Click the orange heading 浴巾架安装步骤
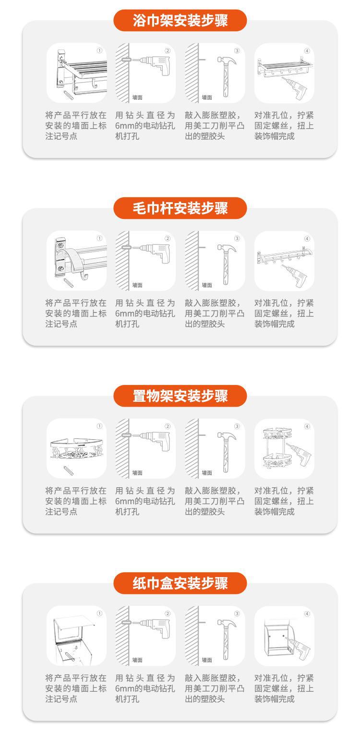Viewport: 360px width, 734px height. (x=180, y=21)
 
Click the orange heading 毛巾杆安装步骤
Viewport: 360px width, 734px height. (x=180, y=208)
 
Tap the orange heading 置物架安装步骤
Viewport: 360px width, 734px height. (x=180, y=396)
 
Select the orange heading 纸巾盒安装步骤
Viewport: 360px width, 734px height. (x=180, y=584)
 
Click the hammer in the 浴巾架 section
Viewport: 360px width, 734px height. (x=225, y=72)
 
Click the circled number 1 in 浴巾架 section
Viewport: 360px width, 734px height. (x=99, y=50)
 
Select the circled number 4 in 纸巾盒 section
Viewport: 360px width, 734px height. (x=307, y=614)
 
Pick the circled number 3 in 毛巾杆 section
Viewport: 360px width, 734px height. (x=237, y=239)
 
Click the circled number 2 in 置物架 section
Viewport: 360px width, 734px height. (x=168, y=426)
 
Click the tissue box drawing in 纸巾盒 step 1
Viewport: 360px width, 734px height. (x=73, y=636)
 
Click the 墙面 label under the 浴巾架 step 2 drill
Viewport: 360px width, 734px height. (x=137, y=97)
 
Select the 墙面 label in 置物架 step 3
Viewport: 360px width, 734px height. (x=207, y=473)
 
